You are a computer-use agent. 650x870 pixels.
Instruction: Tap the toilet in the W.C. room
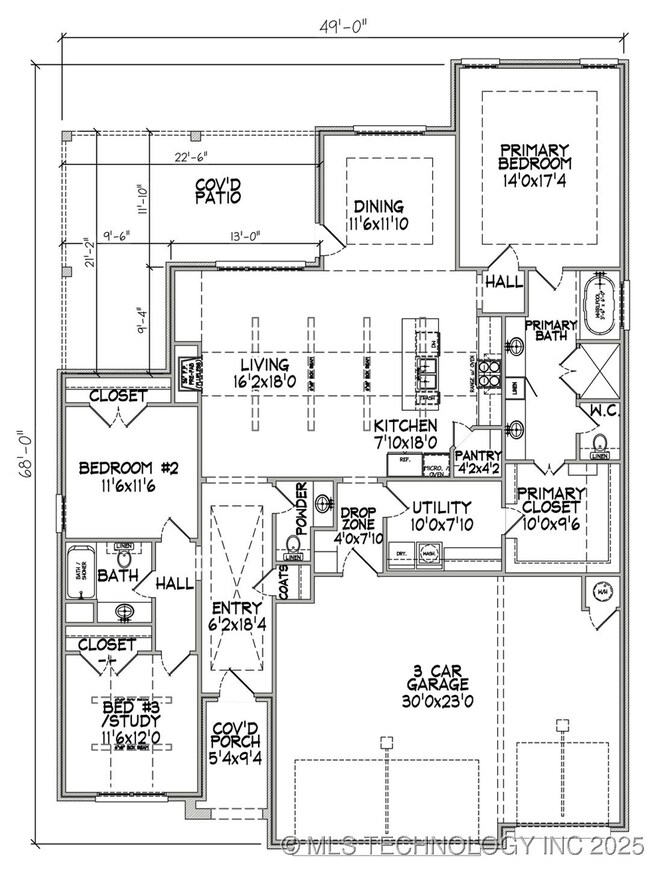[600, 443]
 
